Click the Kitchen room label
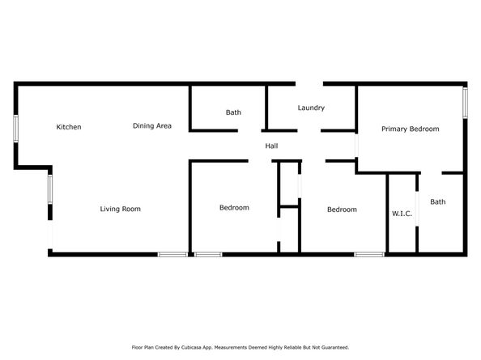pyautogui.click(x=69, y=127)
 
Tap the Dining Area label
pyautogui.click(x=152, y=125)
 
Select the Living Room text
pyautogui.click(x=120, y=209)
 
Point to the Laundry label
pyautogui.click(x=311, y=108)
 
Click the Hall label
pyautogui.click(x=271, y=146)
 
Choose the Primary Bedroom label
pyautogui.click(x=410, y=129)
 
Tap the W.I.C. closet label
pyautogui.click(x=402, y=214)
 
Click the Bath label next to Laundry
pyautogui.click(x=233, y=112)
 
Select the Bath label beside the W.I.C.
pyautogui.click(x=438, y=202)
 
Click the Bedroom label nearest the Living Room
pyautogui.click(x=234, y=208)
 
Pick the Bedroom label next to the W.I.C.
pyautogui.click(x=342, y=210)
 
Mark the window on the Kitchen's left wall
pyautogui.click(x=15, y=129)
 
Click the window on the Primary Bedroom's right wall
pyautogui.click(x=465, y=103)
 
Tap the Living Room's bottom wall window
pyautogui.click(x=172, y=254)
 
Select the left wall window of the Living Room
pyautogui.click(x=50, y=189)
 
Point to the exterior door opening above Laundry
pyautogui.click(x=309, y=83)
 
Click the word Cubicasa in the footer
pyautogui.click(x=192, y=347)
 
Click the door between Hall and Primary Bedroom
pyautogui.click(x=356, y=146)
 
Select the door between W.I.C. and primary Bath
pyautogui.click(x=417, y=209)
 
